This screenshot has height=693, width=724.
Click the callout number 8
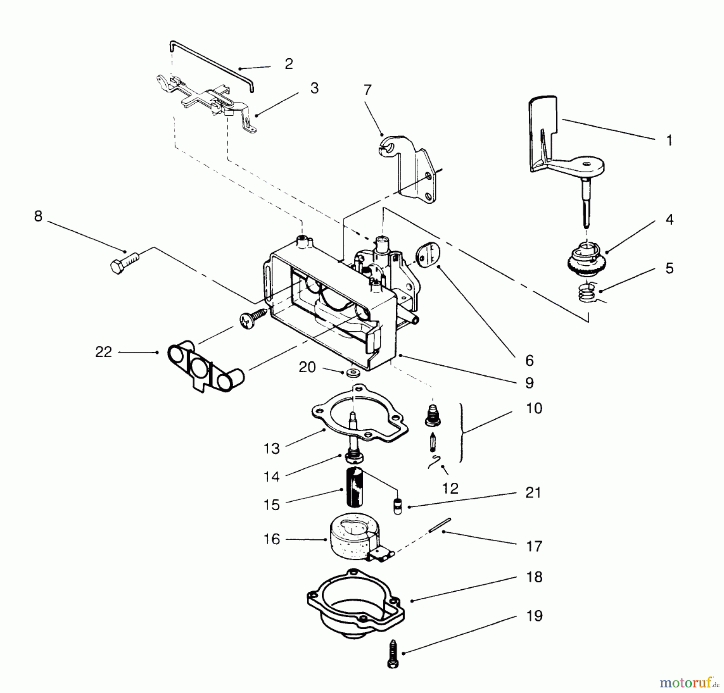tap(38, 216)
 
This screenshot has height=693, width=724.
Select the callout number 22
tap(103, 352)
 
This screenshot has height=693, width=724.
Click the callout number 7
tap(367, 90)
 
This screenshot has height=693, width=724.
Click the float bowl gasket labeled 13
tap(360, 414)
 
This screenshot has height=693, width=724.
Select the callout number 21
tap(533, 492)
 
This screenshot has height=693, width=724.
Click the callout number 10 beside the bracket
tap(534, 408)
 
